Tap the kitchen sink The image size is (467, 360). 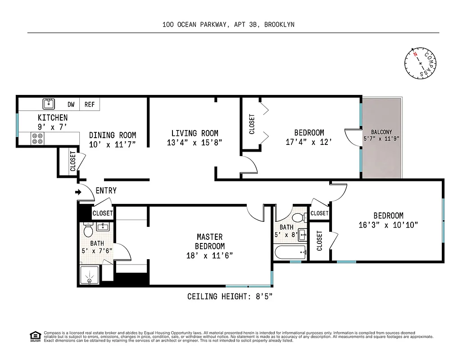49,104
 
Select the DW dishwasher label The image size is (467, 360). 71,104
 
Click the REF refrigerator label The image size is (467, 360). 90,104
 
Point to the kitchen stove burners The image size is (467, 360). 37,138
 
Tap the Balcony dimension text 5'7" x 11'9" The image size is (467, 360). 381,138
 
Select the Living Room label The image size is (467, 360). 195,133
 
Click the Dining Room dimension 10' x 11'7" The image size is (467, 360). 112,144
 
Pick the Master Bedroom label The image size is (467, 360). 209,241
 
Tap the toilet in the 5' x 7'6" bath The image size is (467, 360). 88,231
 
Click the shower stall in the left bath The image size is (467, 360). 90,275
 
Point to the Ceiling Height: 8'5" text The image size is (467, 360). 230,297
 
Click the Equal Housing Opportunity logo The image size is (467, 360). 35,336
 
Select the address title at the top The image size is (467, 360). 228,25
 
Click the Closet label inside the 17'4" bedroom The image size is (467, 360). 252,124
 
